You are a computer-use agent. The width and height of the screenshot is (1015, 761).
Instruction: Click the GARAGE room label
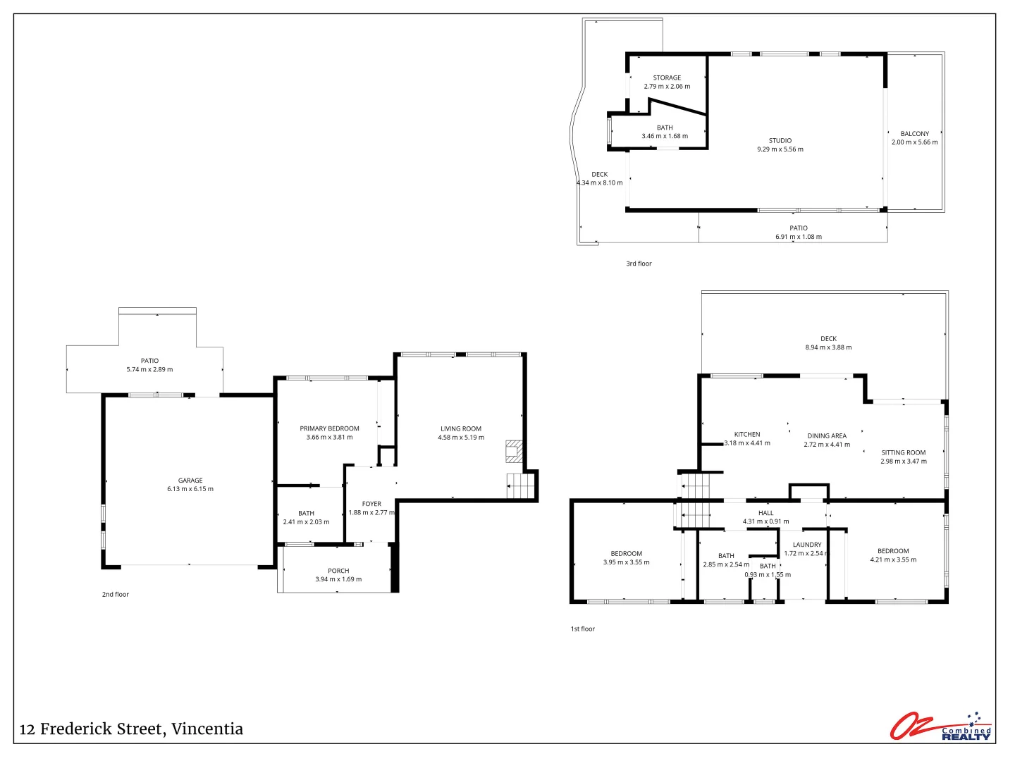[190, 481]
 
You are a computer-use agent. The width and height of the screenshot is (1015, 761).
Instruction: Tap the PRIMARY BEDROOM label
[329, 428]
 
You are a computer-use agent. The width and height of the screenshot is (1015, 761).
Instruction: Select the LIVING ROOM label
[461, 428]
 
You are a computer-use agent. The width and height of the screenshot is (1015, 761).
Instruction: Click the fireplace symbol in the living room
[514, 452]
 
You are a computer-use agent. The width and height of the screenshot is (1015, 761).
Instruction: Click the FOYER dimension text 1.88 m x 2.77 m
[371, 512]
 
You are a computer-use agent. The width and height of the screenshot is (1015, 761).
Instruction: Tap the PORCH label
[338, 571]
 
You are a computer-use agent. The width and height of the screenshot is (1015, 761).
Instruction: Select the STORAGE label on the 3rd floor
[667, 78]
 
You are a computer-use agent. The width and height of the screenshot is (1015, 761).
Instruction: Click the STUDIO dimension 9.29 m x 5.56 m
[780, 149]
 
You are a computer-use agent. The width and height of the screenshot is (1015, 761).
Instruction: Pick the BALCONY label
[914, 133]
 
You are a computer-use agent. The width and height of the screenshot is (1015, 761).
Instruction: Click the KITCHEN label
[747, 434]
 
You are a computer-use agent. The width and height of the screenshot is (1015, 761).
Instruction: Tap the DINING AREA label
[827, 435]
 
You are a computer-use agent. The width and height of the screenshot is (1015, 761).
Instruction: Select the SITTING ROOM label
[903, 452]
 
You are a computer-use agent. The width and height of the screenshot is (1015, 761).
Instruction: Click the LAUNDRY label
[807, 545]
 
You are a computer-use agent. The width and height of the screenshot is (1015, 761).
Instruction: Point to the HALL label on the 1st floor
[766, 513]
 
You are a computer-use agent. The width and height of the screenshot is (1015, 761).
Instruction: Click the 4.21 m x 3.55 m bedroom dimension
[893, 559]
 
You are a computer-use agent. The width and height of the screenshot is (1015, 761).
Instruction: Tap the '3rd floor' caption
[639, 264]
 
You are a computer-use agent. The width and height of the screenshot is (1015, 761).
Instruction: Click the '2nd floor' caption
[116, 594]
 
